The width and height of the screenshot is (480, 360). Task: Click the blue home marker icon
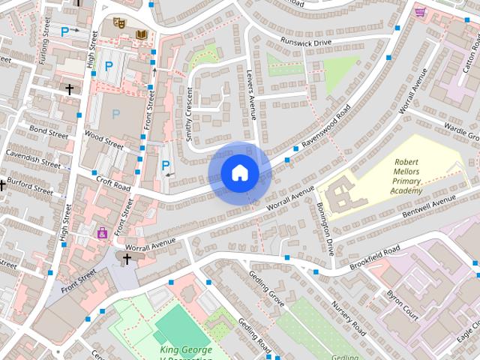239,173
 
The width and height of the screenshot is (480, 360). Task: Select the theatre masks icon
118,23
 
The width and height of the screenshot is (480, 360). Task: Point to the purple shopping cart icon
421,12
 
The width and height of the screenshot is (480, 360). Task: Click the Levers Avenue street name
251,94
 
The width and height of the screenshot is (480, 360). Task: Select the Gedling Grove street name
266,289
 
